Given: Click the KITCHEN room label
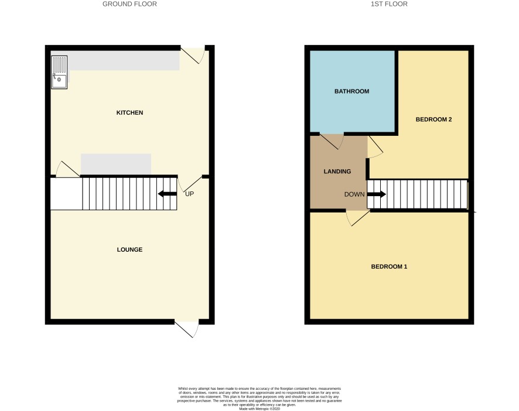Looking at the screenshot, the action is click(130, 113).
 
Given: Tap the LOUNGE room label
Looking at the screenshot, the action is click(130, 250).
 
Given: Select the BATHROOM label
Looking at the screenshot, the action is click(352, 91).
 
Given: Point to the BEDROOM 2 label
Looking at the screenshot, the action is click(433, 119).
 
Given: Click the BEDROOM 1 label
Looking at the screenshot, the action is click(389, 267).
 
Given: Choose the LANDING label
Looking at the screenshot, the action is click(337, 172).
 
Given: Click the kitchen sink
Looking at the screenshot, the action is click(59, 72).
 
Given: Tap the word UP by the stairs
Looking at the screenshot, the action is click(189, 194).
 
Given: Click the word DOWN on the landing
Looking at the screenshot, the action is click(354, 194).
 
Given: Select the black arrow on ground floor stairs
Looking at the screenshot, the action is click(167, 194).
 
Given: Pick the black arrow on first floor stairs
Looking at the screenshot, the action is click(377, 194).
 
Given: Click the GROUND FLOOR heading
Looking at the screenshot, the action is click(130, 4).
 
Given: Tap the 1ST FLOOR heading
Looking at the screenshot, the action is click(389, 4).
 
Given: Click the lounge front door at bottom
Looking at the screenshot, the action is click(187, 328).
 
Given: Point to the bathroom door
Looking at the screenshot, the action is click(332, 141).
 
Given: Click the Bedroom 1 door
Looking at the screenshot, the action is click(358, 218).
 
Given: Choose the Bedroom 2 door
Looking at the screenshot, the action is click(375, 147).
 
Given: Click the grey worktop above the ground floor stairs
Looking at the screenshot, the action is click(116, 164).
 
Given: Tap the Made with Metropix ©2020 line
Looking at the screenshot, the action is click(259, 409).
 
